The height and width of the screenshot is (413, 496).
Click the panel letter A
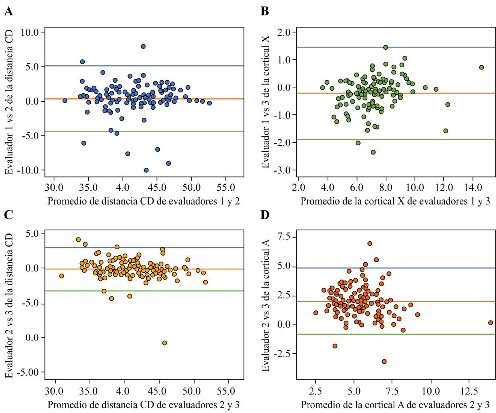coord(8,12)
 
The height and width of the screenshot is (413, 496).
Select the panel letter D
coord(265,215)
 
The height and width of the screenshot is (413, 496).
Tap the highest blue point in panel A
coord(143,46)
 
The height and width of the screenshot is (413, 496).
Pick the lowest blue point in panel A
coord(146,170)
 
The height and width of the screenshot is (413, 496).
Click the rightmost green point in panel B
coord(481,67)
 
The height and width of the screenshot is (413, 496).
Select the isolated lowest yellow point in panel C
coord(165,343)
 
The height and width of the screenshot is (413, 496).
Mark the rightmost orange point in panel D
coord(490,323)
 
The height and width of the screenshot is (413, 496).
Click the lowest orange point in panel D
coord(384,361)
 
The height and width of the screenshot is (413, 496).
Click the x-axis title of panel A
coord(144,201)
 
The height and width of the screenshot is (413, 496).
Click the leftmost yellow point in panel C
coord(62,276)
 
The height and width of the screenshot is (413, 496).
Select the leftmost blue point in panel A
coord(65,101)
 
